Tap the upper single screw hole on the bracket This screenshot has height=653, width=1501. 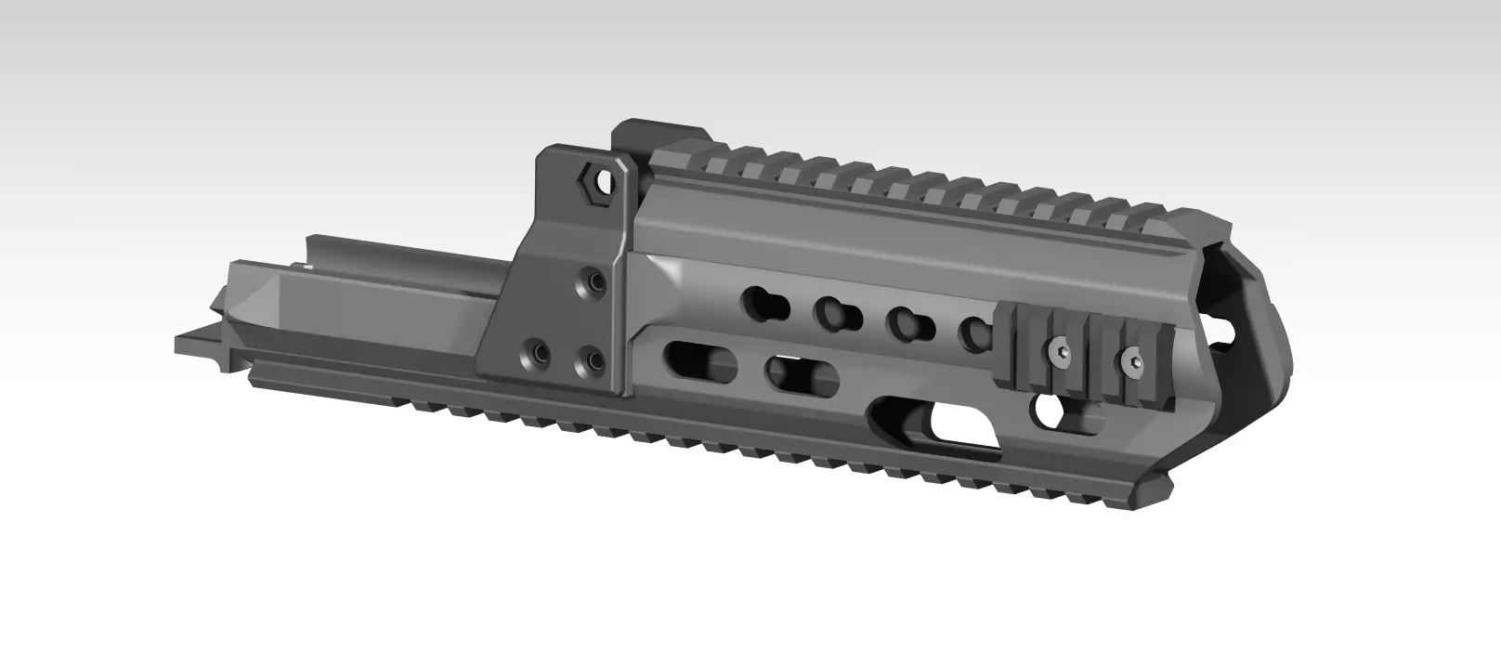tap(589, 281)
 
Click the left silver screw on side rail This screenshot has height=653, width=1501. tap(1062, 350)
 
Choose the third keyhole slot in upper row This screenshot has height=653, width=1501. tap(909, 322)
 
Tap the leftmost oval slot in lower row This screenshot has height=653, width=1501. tap(698, 359)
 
